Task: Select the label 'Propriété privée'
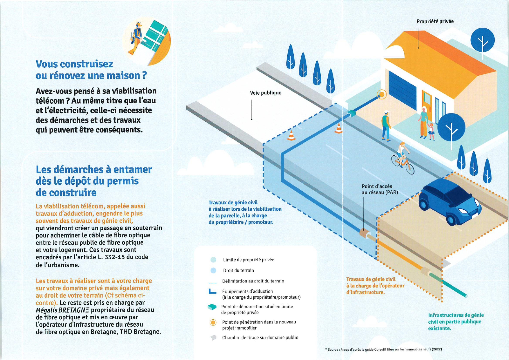[x=435, y=21]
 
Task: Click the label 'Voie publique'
[x=266, y=93]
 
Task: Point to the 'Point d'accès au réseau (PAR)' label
[x=380, y=189]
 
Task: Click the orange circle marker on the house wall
[x=382, y=94]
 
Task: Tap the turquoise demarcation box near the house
[x=351, y=113]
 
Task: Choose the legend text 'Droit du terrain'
[x=238, y=270]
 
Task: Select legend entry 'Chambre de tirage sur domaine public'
[x=260, y=337]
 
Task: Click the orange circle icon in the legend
[x=213, y=323]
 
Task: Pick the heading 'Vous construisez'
[x=74, y=64]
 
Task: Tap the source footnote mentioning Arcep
[x=383, y=349]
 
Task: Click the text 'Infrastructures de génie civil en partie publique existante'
[x=456, y=322]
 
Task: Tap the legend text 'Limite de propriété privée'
[x=248, y=260]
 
